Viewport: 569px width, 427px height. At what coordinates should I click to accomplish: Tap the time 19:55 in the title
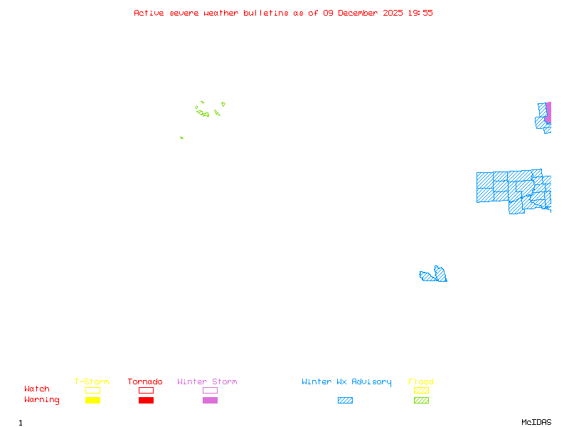click(420, 13)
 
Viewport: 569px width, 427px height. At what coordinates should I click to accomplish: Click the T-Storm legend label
click(92, 381)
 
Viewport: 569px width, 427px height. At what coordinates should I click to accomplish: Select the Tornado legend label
click(145, 381)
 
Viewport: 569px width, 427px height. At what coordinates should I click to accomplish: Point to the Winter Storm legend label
click(207, 381)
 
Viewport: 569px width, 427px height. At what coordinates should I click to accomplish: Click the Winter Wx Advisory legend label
click(346, 381)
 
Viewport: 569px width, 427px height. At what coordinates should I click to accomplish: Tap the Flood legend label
click(421, 381)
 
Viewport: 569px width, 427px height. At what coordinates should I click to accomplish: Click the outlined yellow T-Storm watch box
click(92, 390)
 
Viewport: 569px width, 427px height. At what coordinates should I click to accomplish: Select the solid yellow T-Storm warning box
click(92, 400)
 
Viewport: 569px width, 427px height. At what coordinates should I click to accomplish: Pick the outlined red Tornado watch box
click(146, 390)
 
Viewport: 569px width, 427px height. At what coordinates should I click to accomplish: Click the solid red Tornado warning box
click(146, 400)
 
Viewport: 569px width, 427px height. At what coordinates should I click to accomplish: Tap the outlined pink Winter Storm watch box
click(210, 390)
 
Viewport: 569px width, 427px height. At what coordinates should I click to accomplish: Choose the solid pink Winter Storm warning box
click(210, 400)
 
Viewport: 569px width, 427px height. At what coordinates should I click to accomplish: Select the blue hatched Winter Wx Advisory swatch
click(345, 400)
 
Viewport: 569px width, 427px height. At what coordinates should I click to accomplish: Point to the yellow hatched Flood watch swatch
click(421, 390)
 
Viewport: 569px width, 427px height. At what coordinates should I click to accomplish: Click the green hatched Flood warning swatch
click(421, 400)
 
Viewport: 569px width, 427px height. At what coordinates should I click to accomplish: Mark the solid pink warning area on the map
click(548, 112)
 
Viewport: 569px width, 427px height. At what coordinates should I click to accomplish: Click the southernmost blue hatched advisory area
click(435, 275)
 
